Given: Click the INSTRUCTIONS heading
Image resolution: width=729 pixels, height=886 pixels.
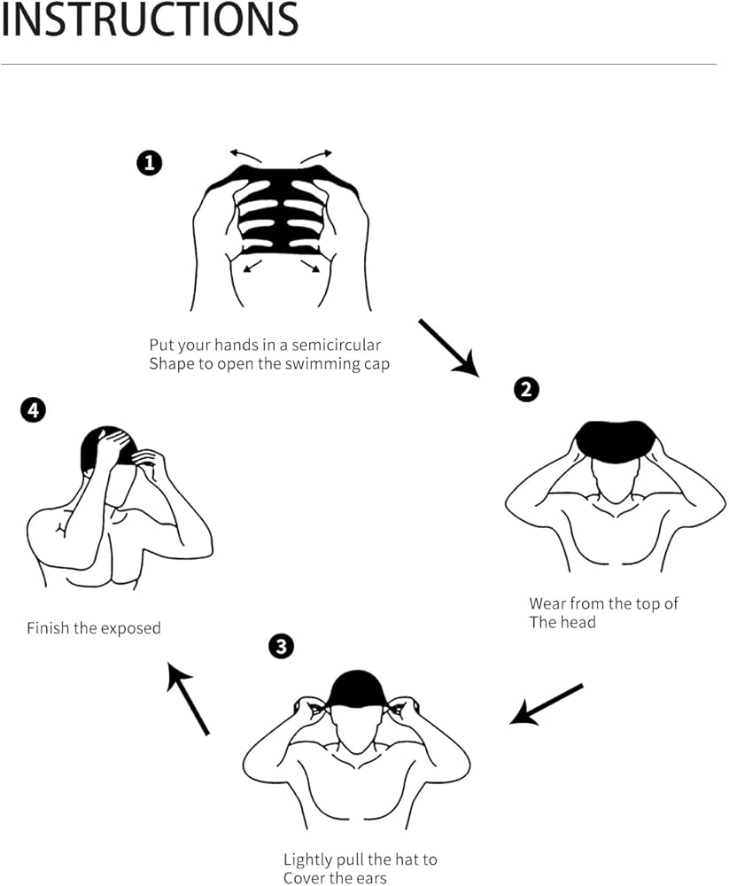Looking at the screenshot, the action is tap(149, 19).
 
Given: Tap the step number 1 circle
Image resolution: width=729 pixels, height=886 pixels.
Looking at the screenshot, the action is tap(149, 163).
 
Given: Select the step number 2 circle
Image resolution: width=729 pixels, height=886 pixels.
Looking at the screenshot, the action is tap(526, 389).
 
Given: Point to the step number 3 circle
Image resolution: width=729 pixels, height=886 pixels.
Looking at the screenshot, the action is tap(280, 647).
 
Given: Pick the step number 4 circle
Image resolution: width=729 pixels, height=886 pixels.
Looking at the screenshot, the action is tap(33, 411).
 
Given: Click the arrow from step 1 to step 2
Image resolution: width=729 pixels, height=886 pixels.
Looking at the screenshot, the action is tap(448, 347).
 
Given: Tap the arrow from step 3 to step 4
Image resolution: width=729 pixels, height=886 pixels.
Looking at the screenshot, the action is tap(188, 700).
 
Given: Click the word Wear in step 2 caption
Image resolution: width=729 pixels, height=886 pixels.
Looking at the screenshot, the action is tap(547, 603).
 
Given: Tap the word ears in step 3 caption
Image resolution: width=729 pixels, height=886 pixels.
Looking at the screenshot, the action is tap(369, 878).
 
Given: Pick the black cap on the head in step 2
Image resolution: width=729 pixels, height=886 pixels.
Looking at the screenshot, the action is tap(616, 440).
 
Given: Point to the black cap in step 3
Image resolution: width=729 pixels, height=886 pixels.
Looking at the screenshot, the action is tap(356, 689).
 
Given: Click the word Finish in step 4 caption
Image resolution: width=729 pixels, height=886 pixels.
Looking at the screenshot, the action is tap(49, 628).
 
